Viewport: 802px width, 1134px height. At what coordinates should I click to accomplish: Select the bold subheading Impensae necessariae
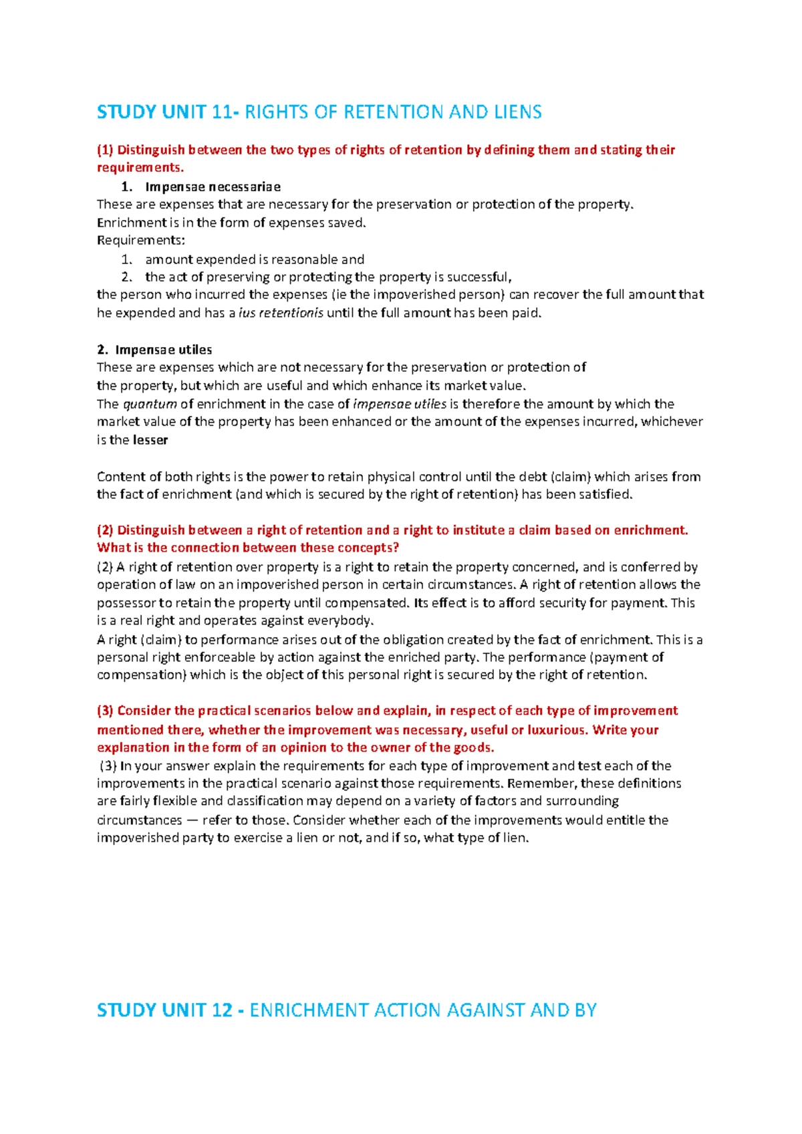coord(213,187)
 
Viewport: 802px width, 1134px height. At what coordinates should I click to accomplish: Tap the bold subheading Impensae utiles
coord(163,350)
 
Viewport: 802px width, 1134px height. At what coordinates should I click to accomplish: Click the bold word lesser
coord(150,440)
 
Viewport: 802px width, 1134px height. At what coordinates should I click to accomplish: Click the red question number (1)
coord(106,150)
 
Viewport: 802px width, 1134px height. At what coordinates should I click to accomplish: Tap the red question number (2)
coord(106,530)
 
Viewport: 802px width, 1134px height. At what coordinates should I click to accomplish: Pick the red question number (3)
coord(106,711)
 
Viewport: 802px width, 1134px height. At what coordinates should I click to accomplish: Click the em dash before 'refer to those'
coord(192,820)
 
